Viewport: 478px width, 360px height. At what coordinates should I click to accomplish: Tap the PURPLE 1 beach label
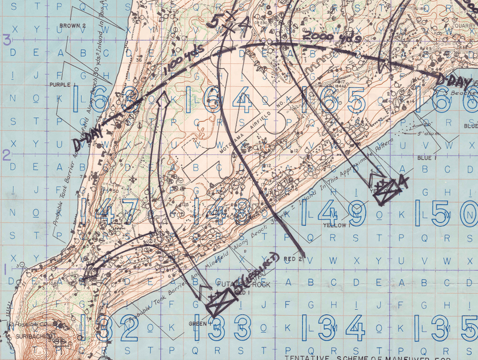coord(60,85)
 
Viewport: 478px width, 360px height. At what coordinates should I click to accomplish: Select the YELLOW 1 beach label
coord(335,225)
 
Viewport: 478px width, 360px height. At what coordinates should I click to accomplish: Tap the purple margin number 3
coord(7,40)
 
